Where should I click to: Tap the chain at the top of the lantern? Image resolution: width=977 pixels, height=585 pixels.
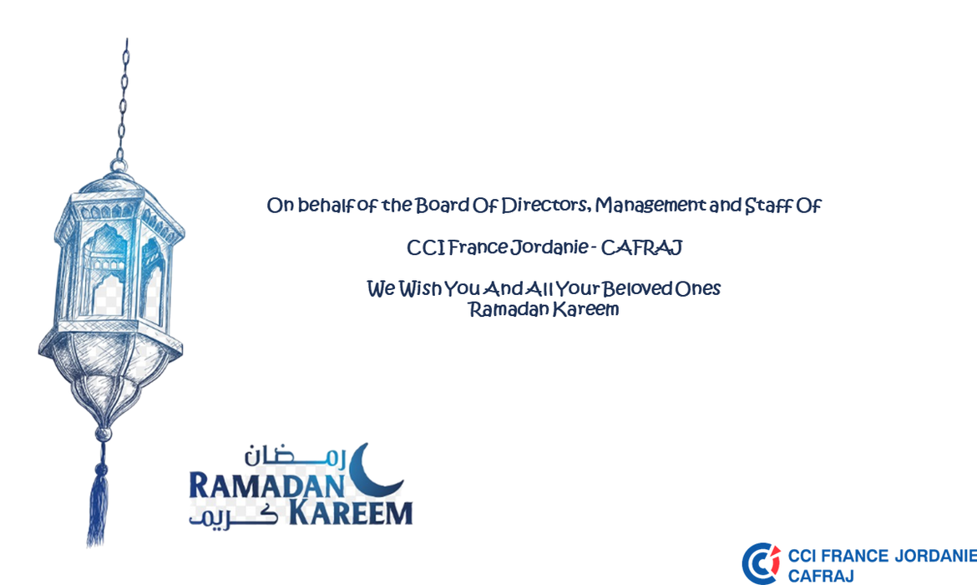pyautogui.click(x=124, y=99)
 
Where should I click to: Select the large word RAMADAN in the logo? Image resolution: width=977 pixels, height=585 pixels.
pyautogui.click(x=266, y=486)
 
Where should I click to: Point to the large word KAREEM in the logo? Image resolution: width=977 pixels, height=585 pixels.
pyautogui.click(x=350, y=513)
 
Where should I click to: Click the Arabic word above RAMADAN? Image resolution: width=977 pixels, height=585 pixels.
pyautogui.click(x=294, y=456)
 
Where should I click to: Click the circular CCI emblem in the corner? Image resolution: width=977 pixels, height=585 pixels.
pyautogui.click(x=761, y=563)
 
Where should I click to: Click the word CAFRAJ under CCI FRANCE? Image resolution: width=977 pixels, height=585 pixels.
pyautogui.click(x=821, y=576)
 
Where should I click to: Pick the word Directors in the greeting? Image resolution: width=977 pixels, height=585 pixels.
pyautogui.click(x=545, y=206)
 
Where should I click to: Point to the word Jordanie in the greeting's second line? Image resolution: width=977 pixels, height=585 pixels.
pyautogui.click(x=549, y=247)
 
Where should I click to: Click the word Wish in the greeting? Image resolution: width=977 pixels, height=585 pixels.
pyautogui.click(x=420, y=289)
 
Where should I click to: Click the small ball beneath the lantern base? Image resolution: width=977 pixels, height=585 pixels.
pyautogui.click(x=102, y=434)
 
